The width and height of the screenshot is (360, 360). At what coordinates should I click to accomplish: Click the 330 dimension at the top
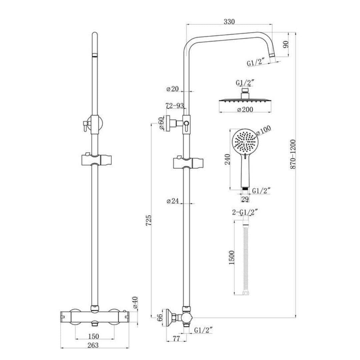[229, 22]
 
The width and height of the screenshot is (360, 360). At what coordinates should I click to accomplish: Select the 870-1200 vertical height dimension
[293, 154]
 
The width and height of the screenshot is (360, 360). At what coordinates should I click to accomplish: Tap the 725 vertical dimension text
[149, 221]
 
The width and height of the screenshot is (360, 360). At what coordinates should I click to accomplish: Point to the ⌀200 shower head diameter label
[245, 109]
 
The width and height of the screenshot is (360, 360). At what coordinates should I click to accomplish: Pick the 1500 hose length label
[232, 258]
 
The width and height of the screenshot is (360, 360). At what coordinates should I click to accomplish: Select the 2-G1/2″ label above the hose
[245, 211]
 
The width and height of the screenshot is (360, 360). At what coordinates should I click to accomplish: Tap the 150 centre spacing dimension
[94, 336]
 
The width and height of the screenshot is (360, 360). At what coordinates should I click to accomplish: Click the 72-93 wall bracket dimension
[175, 106]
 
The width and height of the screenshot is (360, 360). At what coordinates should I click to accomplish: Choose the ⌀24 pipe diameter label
[173, 201]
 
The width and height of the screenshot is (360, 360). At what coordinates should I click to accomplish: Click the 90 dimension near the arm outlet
[286, 44]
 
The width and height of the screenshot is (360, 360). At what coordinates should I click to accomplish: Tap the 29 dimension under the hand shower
[245, 199]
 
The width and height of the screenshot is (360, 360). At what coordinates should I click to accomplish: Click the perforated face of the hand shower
[245, 141]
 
